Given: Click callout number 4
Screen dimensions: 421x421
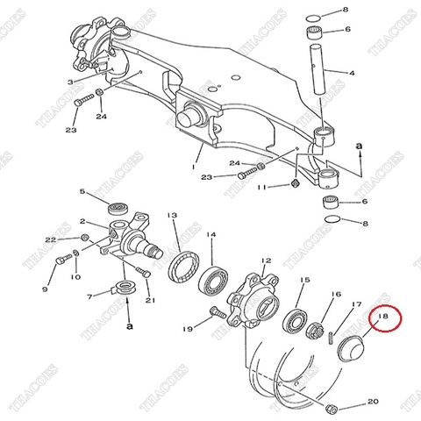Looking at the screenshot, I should click(x=352, y=72).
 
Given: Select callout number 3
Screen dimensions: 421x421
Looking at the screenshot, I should click(x=70, y=82).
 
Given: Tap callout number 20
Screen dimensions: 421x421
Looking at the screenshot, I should click(x=372, y=401).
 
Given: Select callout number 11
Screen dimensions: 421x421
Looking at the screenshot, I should click(x=262, y=188).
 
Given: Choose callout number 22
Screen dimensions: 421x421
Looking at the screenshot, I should click(x=50, y=239).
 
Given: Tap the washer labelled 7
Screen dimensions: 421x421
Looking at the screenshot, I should click(x=125, y=286).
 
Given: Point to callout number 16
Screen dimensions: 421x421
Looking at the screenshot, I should click(x=335, y=296).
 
